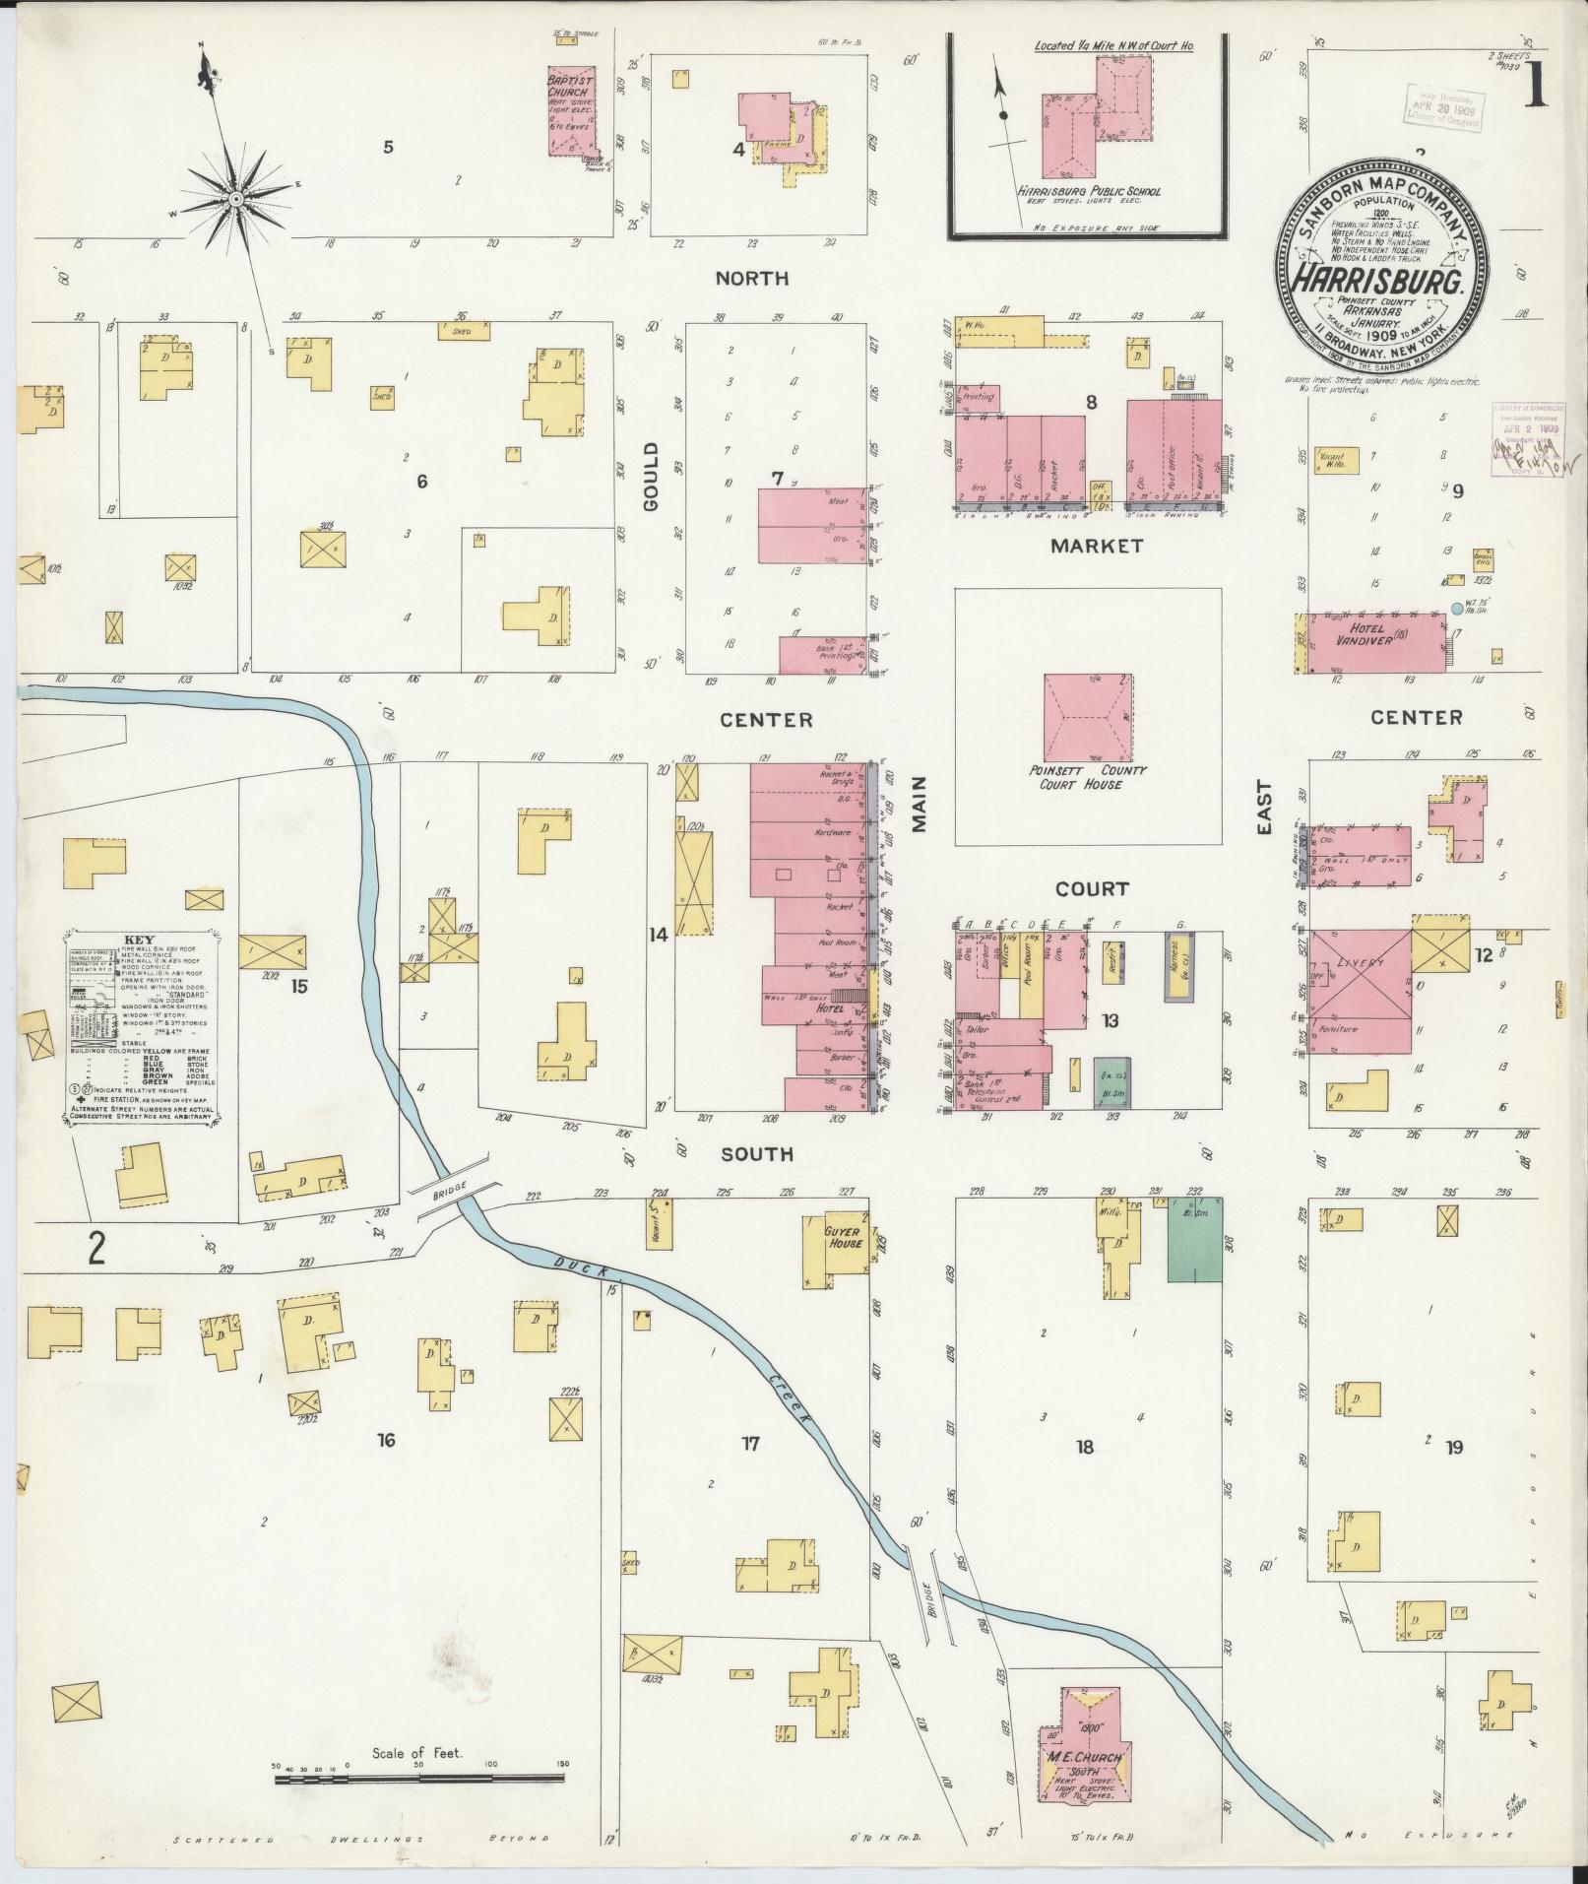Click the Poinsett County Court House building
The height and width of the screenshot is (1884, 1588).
point(1087,719)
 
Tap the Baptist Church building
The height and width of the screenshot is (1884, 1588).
point(576,110)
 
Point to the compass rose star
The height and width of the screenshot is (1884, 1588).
point(236,200)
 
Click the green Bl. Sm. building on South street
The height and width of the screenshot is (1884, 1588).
point(1194,1239)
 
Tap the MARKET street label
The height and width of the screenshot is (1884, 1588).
point(1095,546)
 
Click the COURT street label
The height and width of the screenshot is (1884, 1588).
point(1091,889)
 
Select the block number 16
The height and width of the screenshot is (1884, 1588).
point(385,1441)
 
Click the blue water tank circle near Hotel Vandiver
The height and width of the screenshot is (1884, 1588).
point(1457,610)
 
